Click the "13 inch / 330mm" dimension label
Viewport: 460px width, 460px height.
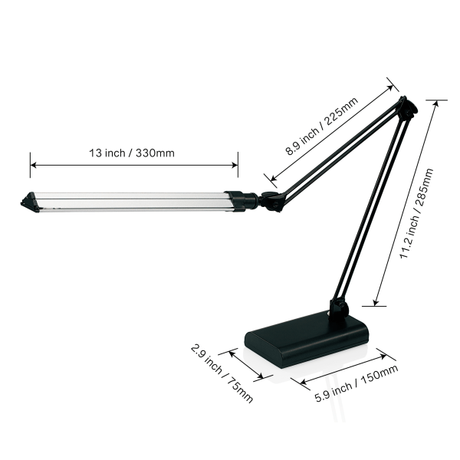pos(132,153)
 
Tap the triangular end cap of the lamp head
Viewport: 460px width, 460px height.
pos(28,202)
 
